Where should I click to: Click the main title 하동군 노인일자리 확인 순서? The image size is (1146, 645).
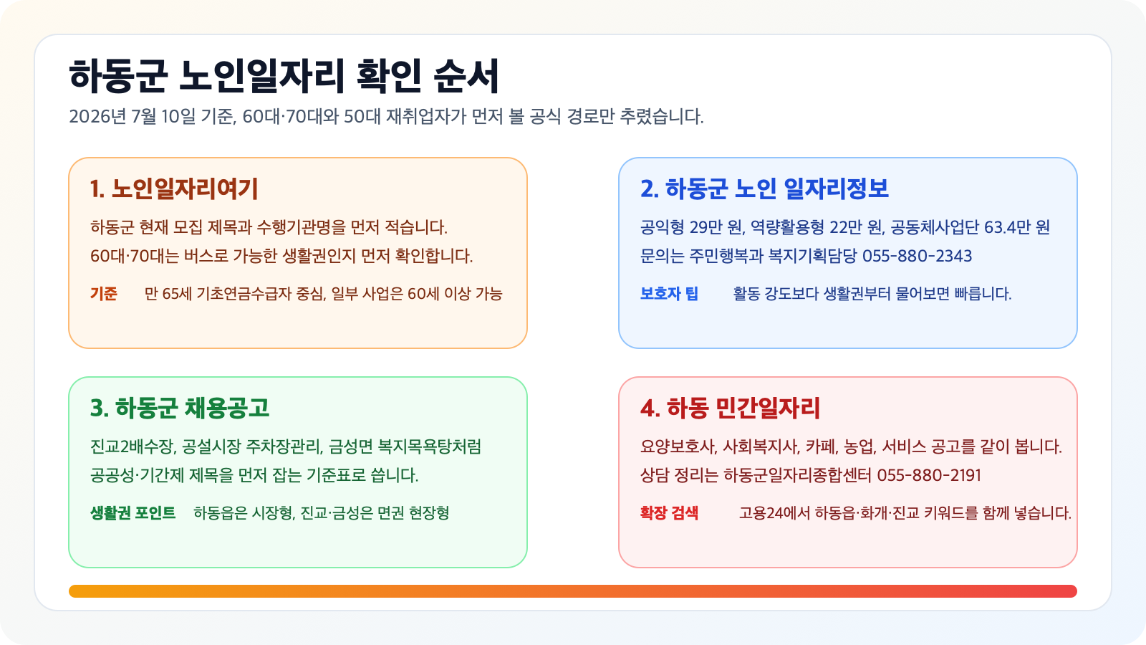click(x=284, y=77)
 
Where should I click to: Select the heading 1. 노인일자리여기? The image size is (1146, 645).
click(x=174, y=188)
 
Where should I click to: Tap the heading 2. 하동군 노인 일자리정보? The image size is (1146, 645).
click(x=764, y=188)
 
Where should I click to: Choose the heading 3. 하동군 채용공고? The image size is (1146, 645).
click(x=180, y=408)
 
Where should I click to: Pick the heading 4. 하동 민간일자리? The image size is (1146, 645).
click(x=730, y=408)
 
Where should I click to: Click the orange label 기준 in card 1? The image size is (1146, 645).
click(x=104, y=294)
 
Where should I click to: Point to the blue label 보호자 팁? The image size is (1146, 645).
click(x=669, y=294)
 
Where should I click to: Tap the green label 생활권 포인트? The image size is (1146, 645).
click(x=133, y=513)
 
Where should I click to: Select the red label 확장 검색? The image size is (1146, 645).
click(x=669, y=513)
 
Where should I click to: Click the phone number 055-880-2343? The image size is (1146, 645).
click(x=918, y=256)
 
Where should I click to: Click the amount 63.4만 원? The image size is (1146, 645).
click(x=1017, y=227)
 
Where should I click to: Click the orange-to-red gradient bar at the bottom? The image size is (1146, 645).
click(x=573, y=591)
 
